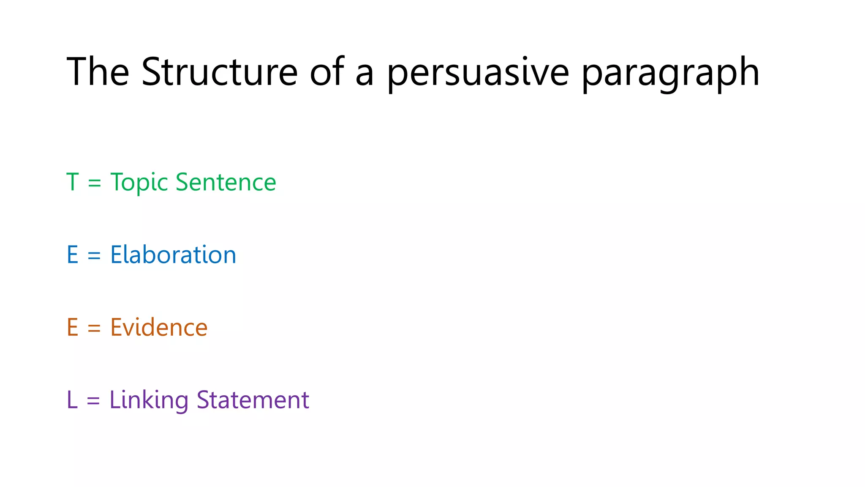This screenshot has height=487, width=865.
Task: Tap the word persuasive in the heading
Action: tap(478, 73)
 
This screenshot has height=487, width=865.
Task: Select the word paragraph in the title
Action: tap(670, 73)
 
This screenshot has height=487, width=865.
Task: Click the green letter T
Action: tap(73, 182)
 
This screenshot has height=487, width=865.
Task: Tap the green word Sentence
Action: tap(226, 182)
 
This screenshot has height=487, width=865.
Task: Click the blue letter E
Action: tap(73, 255)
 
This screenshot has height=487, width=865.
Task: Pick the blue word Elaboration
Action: tap(173, 255)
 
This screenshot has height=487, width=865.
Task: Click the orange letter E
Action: tap(73, 328)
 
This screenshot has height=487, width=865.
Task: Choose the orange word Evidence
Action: tap(159, 328)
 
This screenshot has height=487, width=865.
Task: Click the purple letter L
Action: tap(72, 400)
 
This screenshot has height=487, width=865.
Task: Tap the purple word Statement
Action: tap(253, 400)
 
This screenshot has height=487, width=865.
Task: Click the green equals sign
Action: tap(95, 183)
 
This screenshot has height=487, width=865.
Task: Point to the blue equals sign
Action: tap(94, 256)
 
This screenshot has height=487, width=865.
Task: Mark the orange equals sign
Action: tap(94, 328)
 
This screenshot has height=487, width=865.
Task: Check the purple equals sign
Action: tap(93, 401)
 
